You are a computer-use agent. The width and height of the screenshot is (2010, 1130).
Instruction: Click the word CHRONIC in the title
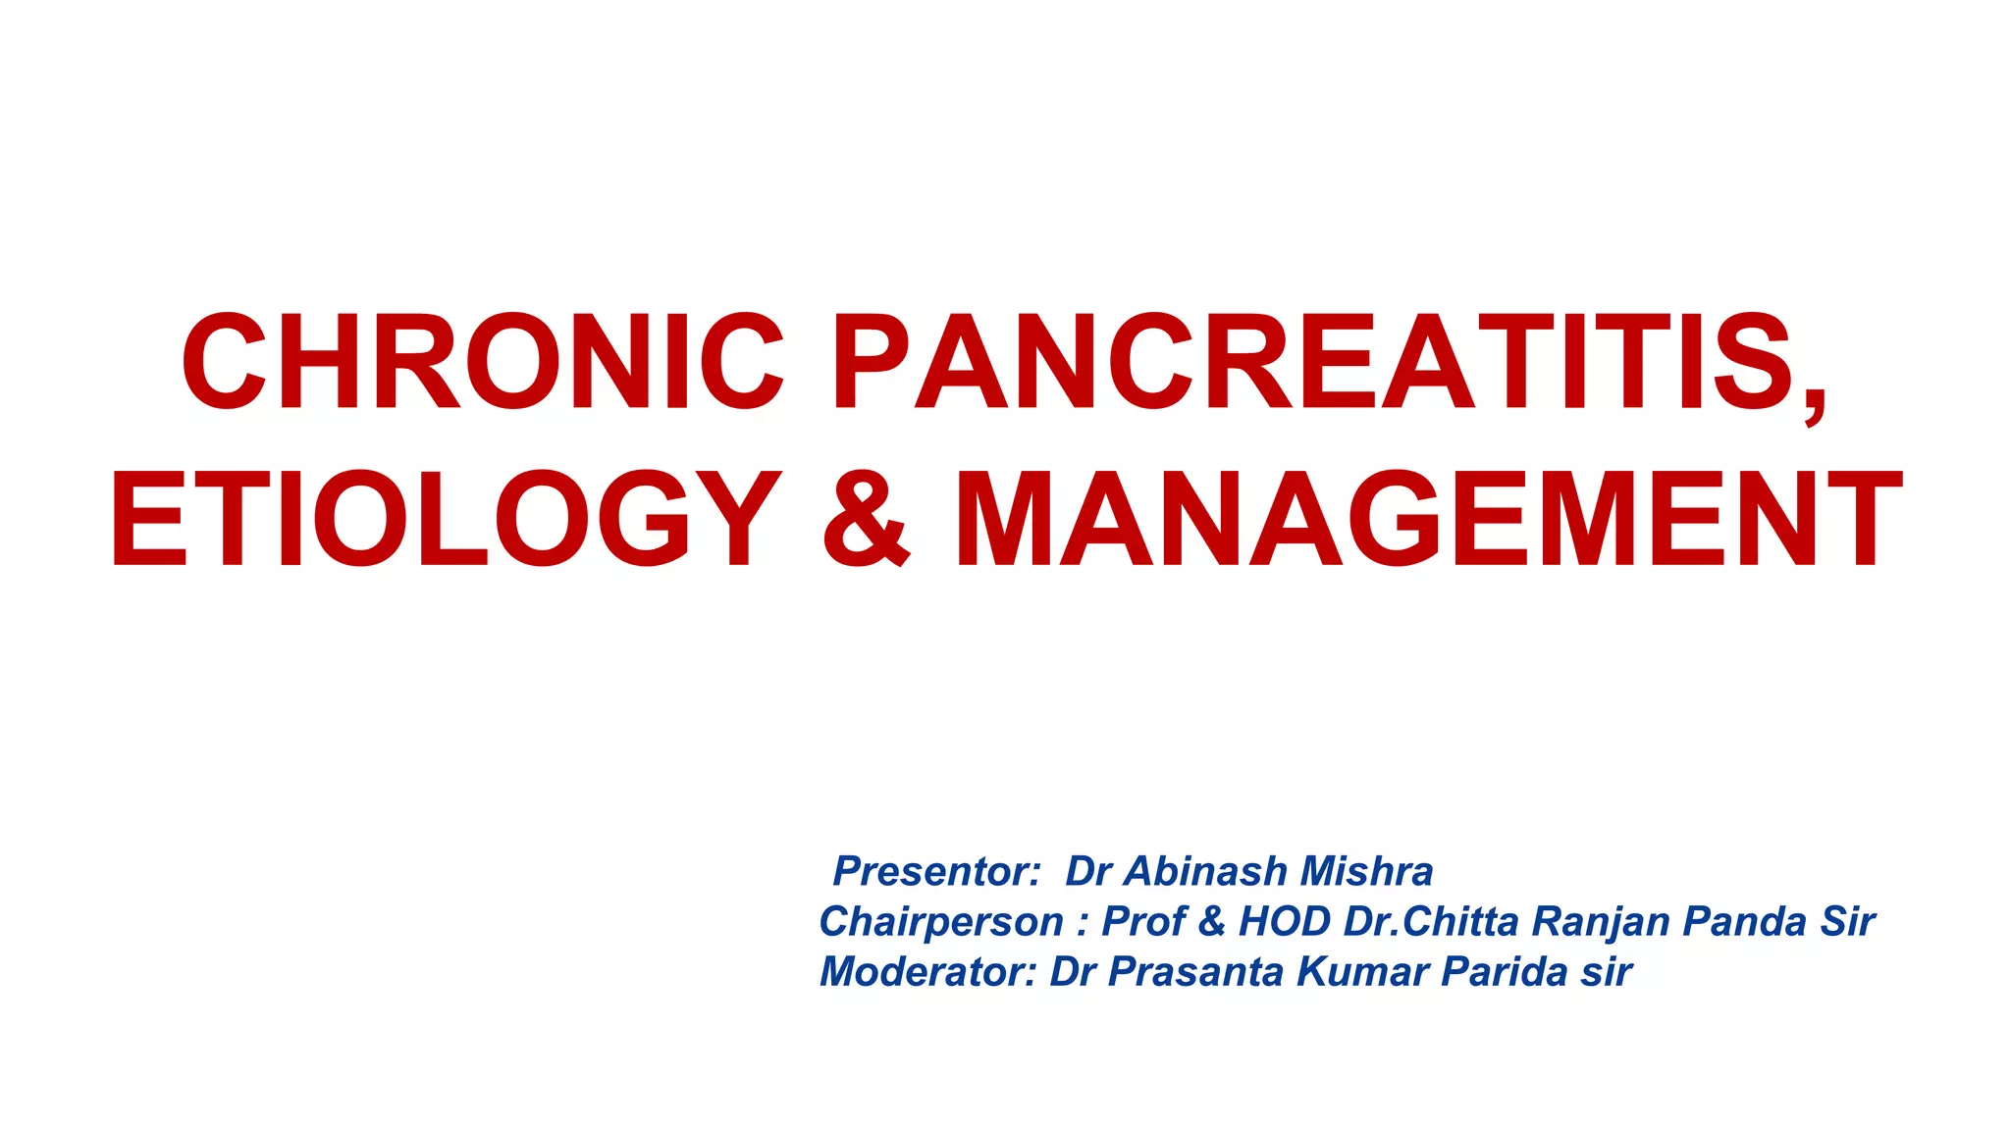pyautogui.click(x=482, y=362)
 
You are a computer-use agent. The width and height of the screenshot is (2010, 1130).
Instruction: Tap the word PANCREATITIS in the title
pyautogui.click(x=1315, y=362)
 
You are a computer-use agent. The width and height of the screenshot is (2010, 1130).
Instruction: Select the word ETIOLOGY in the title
pyautogui.click(x=447, y=519)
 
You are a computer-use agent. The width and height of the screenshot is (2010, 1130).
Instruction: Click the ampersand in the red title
pyautogui.click(x=865, y=521)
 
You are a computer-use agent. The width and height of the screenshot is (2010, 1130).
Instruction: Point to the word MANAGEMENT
pyautogui.click(x=1428, y=519)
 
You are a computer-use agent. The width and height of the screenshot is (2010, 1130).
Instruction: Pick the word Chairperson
pyautogui.click(x=941, y=922)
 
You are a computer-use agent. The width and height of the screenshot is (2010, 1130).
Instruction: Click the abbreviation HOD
pyautogui.click(x=1285, y=921)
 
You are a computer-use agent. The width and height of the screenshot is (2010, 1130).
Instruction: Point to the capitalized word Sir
pyautogui.click(x=1847, y=921)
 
